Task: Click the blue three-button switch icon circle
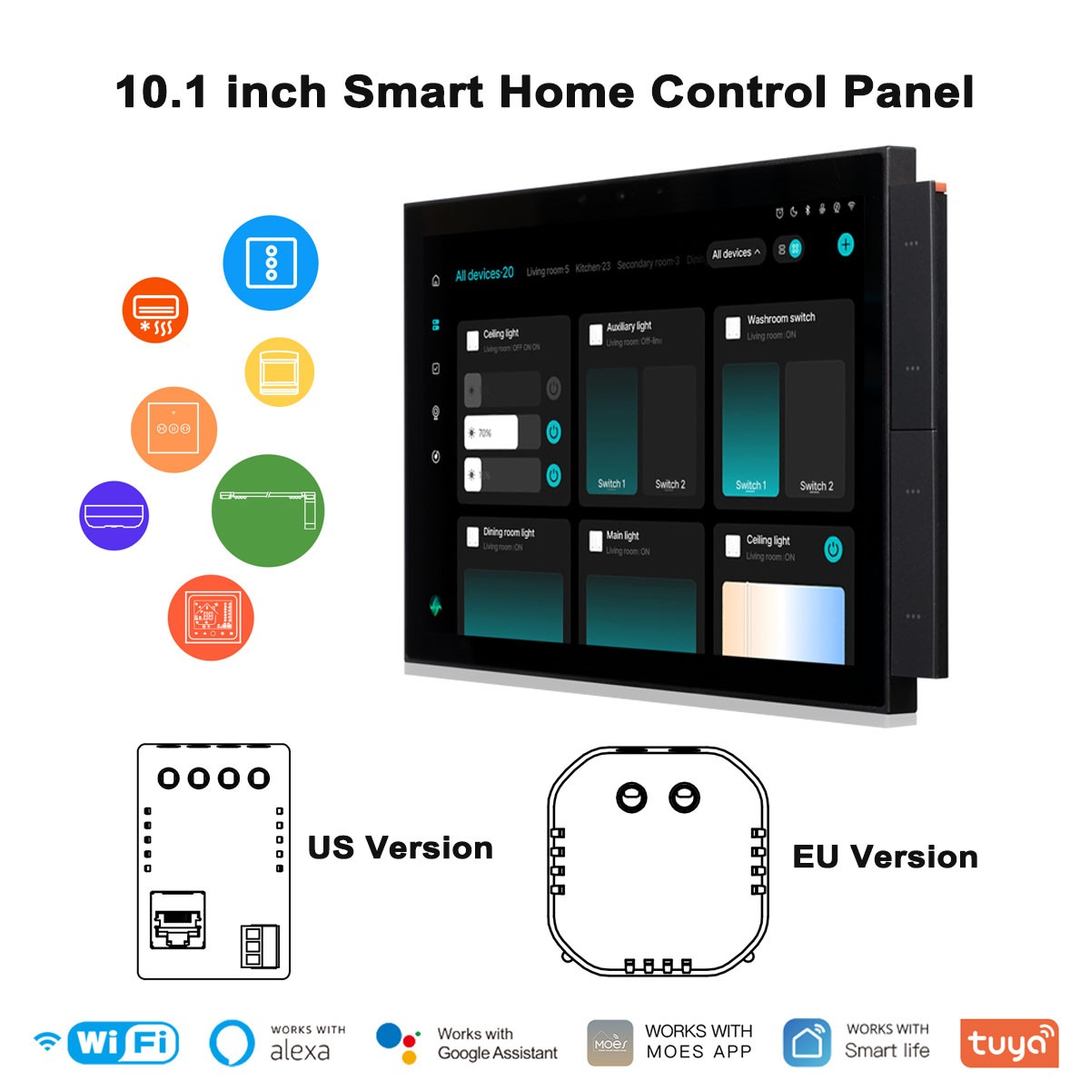pyautogui.click(x=271, y=263)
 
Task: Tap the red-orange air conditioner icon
pyautogui.click(x=155, y=310)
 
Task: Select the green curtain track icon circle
pyautogui.click(x=268, y=510)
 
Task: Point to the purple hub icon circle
pyautogui.click(x=114, y=515)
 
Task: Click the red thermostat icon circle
pyautogui.click(x=211, y=618)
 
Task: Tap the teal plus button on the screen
pyautogui.click(x=846, y=244)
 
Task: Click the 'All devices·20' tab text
pyautogui.click(x=484, y=273)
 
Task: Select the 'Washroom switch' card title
pyautogui.click(x=780, y=319)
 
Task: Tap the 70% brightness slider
pyautogui.click(x=491, y=432)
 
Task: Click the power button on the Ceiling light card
pyautogui.click(x=833, y=549)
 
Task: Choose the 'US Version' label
pyautogui.click(x=400, y=847)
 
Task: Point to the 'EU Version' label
pyautogui.click(x=885, y=857)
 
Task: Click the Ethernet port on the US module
pyautogui.click(x=177, y=919)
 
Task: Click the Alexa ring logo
pyautogui.click(x=232, y=1043)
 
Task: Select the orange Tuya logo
pyautogui.click(x=1008, y=1043)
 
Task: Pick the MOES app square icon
pyautogui.click(x=610, y=1043)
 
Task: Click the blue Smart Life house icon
pyautogui.click(x=807, y=1043)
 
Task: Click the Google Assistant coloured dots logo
pyautogui.click(x=397, y=1043)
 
